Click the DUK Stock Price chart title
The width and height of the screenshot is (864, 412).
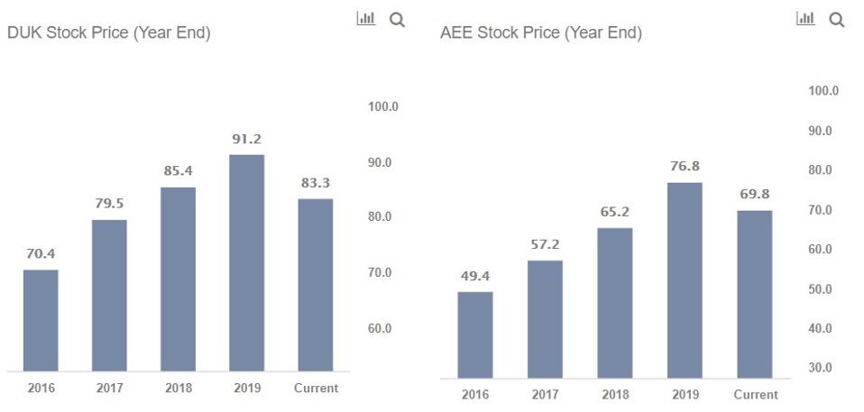pos(108,33)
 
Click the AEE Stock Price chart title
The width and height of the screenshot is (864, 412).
pos(541,33)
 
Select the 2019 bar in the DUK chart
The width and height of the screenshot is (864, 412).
pos(247,262)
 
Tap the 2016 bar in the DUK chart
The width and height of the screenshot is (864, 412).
pos(41,320)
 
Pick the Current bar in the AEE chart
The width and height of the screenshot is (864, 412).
pos(755,294)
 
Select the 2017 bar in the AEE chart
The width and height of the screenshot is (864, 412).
pos(545,319)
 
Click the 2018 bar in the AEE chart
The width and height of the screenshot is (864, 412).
pos(615,303)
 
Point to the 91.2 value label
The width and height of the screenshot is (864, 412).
pos(247,139)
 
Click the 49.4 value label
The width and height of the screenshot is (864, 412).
pos(475,276)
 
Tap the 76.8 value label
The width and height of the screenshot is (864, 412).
pos(685,167)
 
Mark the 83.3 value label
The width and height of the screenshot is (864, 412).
pos(316,183)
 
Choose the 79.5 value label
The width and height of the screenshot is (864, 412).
pos(109,204)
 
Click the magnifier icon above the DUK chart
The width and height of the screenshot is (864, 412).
pos(397,19)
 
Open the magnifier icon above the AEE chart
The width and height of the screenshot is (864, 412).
pos(836,19)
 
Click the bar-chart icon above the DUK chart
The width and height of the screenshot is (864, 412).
pos(366,18)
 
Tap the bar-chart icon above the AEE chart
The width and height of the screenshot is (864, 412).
pos(805,18)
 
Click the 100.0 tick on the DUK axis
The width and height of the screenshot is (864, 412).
pos(383,106)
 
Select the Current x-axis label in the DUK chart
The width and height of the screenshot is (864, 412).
pos(316,389)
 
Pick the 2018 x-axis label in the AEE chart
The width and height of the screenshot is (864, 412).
pos(615,395)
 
